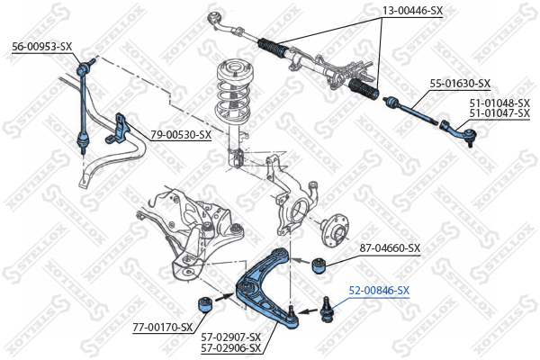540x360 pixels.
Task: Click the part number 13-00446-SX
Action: [413, 11]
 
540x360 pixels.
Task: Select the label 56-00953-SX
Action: [41, 46]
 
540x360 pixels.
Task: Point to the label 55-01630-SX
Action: [459, 83]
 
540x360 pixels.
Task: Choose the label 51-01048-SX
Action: [499, 103]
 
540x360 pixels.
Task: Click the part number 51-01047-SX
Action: [499, 114]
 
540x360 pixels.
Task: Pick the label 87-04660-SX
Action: [390, 247]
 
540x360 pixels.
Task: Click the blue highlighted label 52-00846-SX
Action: [379, 290]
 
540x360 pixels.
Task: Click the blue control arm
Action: [266, 283]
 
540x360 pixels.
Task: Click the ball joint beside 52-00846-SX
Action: [327, 306]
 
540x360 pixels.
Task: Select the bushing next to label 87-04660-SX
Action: [317, 265]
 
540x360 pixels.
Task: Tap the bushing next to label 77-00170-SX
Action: [204, 303]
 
